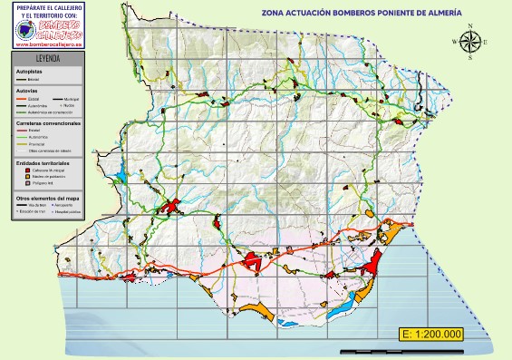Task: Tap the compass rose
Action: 470,43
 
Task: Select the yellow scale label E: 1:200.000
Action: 431,334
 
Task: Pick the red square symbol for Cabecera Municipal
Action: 28,169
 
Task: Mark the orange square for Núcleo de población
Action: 28,176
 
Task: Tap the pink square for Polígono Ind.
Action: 28,183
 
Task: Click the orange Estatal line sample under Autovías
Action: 23,98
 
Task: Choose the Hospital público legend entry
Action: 69,211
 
